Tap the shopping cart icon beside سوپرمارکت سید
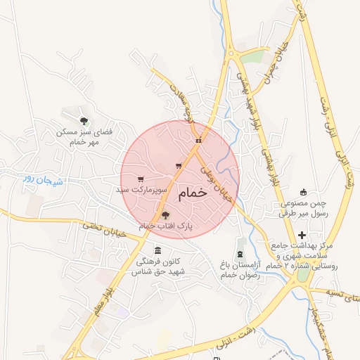(141, 179)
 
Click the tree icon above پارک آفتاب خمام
(165, 215)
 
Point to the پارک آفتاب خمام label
(166, 226)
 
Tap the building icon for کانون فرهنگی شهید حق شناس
(157, 251)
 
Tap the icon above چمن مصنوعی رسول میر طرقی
(303, 192)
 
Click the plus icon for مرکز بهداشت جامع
(302, 235)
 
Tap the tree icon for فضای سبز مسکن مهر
(84, 120)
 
